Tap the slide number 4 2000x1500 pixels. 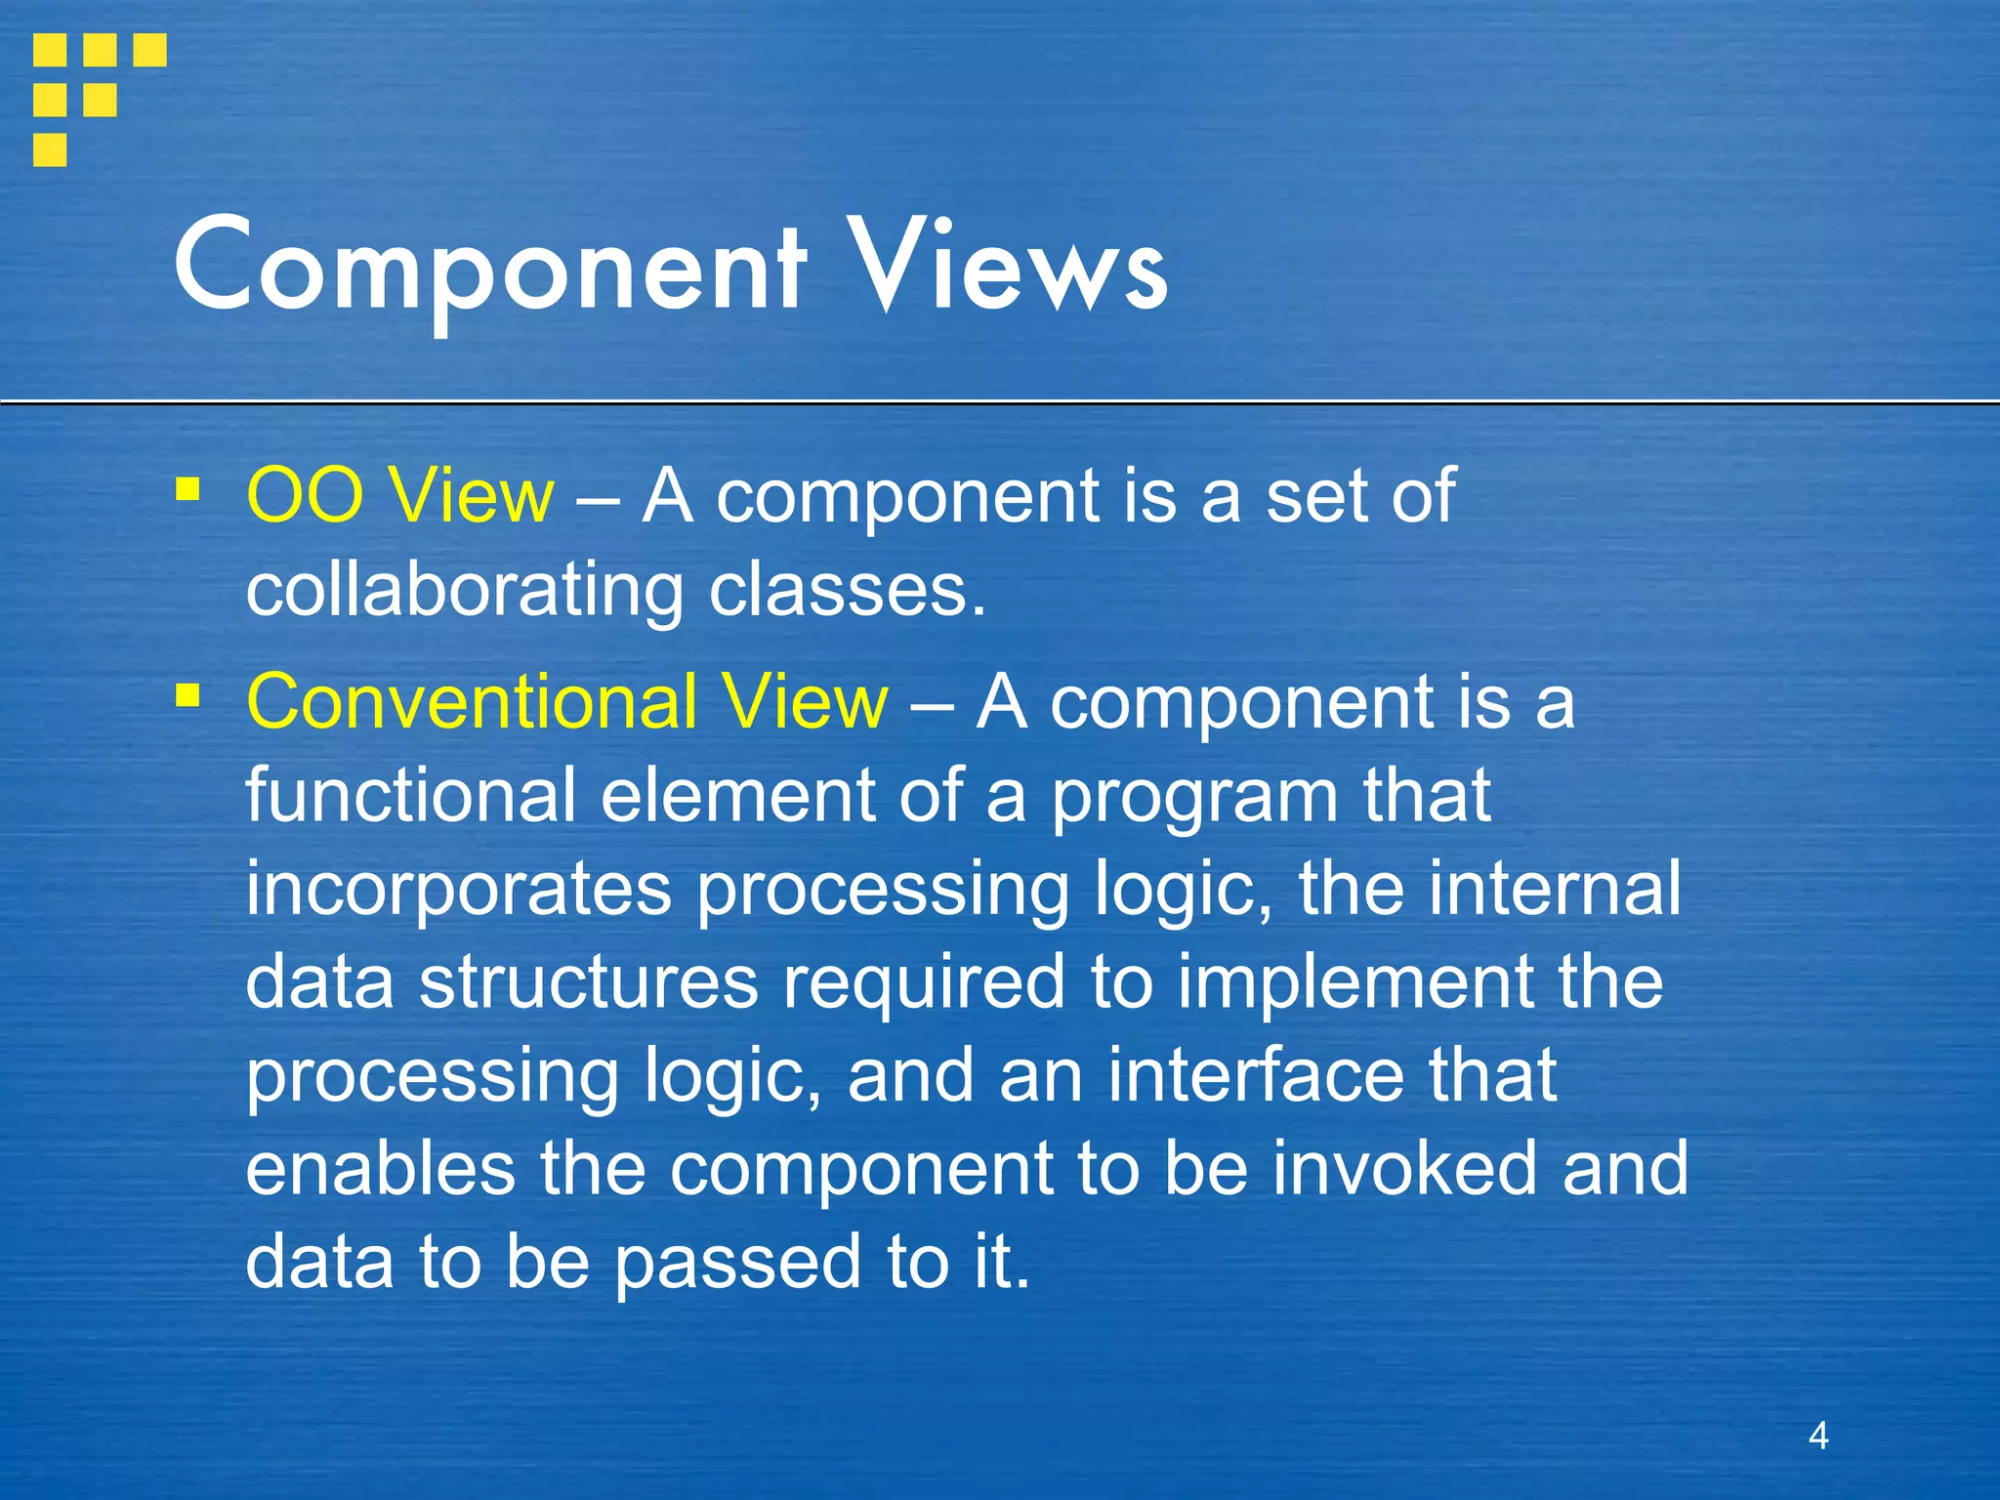coord(1818,1435)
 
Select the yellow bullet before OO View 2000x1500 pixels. coord(187,487)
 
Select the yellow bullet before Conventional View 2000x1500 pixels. coord(187,694)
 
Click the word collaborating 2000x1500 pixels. coord(465,592)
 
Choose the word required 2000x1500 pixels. coord(924,981)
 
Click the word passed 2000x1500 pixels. coord(738,1262)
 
